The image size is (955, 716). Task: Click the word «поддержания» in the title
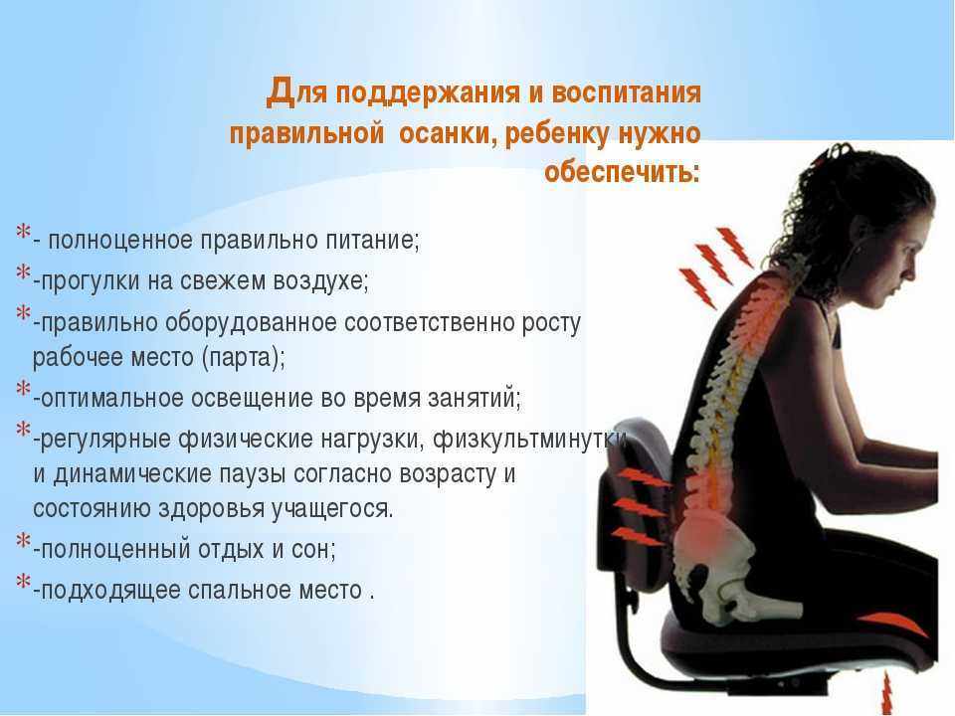[425, 93]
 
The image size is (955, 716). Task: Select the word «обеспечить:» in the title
[622, 172]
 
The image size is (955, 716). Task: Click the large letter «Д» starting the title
[282, 92]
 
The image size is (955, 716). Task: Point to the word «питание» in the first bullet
[372, 240]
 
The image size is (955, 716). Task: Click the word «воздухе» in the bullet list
[320, 280]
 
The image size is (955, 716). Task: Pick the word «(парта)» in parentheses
[243, 357]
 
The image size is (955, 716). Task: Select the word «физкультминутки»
[529, 439]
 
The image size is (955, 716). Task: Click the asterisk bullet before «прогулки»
[23, 271]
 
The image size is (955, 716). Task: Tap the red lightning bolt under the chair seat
[886, 693]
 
